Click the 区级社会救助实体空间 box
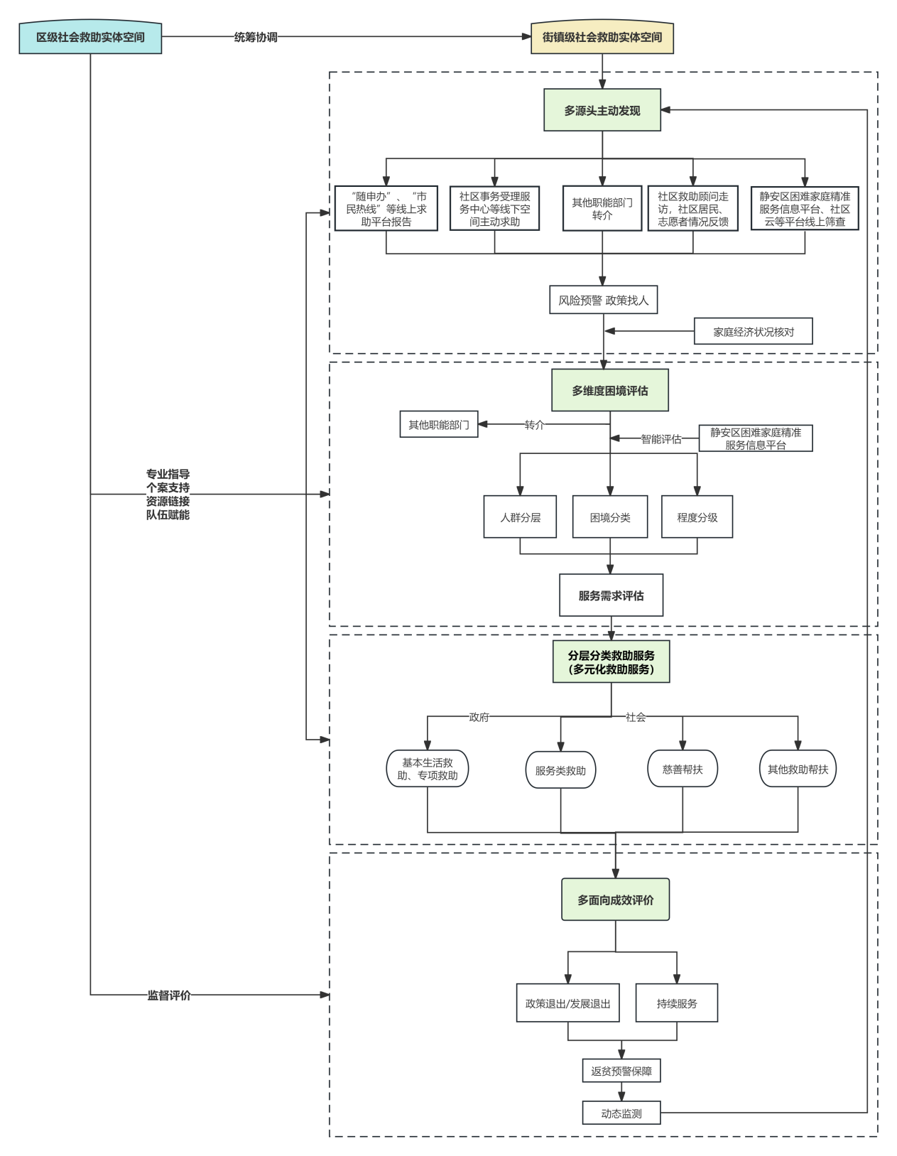point(90,38)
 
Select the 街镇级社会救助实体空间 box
point(602,38)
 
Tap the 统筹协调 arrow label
point(256,37)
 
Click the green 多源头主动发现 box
point(602,110)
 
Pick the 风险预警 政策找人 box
point(603,300)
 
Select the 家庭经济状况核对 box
point(753,332)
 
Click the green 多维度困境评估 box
point(610,390)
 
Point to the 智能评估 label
point(661,439)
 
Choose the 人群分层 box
point(520,517)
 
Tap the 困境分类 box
point(610,517)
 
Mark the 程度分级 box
point(697,517)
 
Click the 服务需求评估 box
point(611,595)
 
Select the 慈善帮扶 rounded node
point(683,769)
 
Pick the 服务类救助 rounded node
point(560,770)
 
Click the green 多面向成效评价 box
point(615,900)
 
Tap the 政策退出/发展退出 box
point(567,1003)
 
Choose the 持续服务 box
point(677,1003)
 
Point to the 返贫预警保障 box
point(621,1071)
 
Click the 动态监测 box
point(621,1113)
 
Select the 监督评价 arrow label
point(169,995)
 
